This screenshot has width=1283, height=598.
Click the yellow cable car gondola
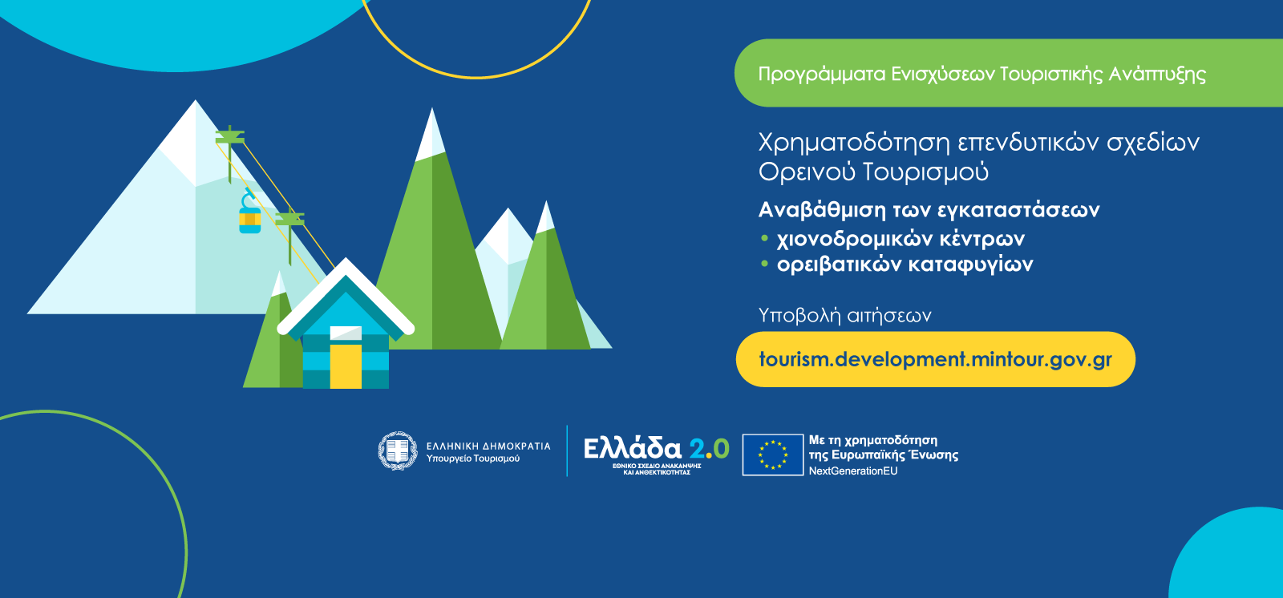tap(249, 220)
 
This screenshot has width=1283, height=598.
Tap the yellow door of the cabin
tap(346, 366)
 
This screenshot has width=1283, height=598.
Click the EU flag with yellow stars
tap(773, 455)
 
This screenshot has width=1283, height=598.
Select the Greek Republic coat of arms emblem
tap(398, 451)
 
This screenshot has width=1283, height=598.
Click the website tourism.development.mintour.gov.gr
tap(935, 359)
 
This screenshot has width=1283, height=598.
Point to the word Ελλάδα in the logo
tap(633, 449)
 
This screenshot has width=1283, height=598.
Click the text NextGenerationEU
tap(853, 471)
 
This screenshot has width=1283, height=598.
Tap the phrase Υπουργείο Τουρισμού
tap(473, 459)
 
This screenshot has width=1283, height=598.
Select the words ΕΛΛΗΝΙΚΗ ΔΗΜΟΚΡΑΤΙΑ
tap(488, 446)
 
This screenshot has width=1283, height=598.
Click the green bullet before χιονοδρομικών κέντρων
tap(764, 238)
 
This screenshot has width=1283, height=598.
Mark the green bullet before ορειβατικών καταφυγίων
tap(764, 264)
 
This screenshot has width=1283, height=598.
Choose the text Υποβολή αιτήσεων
tap(845, 316)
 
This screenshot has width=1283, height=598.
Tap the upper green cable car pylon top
tap(229, 137)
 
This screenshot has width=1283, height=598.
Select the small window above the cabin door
tap(346, 333)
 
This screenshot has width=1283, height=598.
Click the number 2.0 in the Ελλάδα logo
tap(709, 449)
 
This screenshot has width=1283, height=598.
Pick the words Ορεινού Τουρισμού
tap(873, 172)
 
